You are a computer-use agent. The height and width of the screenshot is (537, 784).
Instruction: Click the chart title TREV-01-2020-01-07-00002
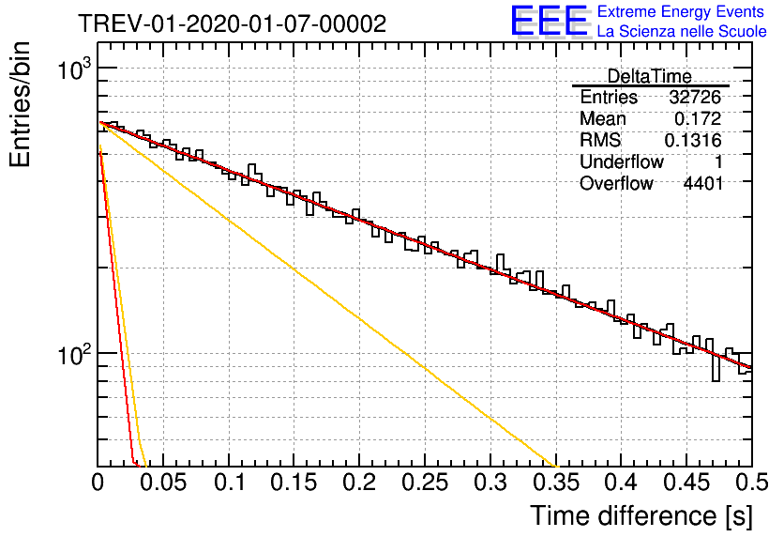coord(233,23)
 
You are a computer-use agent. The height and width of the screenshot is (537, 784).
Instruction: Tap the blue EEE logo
coord(550,21)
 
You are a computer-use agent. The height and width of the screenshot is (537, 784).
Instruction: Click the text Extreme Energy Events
coord(681,11)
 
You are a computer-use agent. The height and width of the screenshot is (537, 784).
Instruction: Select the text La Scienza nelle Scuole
coord(682,31)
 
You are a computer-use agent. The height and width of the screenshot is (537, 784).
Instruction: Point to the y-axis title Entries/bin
coord(20,104)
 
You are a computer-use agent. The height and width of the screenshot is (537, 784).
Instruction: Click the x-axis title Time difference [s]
coord(641,515)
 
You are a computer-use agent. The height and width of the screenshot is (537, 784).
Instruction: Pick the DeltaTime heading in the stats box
coord(650,76)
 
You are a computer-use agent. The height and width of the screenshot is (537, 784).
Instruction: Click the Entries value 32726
coord(696,97)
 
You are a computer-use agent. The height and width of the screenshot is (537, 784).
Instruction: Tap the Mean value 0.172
coord(698,118)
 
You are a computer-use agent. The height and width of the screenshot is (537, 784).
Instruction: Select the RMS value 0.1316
coord(693,141)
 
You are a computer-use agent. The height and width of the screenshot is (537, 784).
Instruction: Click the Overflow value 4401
coord(703,184)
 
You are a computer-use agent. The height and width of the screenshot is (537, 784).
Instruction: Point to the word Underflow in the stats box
coord(622,162)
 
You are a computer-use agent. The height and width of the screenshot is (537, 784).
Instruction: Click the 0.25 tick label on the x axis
coord(425,483)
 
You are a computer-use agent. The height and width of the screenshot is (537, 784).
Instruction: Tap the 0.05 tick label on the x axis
coord(163,483)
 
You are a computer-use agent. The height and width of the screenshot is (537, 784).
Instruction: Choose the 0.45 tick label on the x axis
coord(686,483)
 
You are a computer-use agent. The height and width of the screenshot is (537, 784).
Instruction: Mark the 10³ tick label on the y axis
coord(74,69)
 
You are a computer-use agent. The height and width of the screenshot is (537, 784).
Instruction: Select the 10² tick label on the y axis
coord(74,355)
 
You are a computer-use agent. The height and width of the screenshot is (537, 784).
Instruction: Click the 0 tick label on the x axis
coord(98,483)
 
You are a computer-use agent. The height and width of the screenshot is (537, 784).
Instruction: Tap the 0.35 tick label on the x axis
coord(555,483)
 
